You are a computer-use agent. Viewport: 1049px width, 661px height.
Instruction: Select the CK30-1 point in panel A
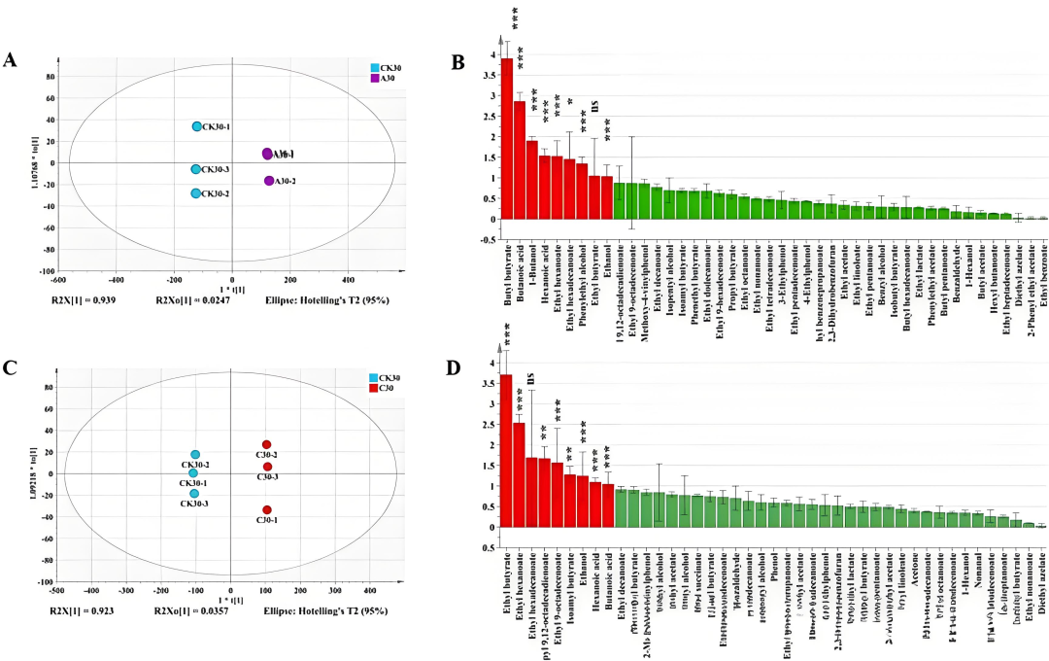197,126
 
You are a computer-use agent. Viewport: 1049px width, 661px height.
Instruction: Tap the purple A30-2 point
269,181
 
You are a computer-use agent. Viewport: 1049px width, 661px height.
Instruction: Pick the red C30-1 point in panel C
267,510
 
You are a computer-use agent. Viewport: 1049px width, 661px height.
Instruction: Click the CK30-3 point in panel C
194,494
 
